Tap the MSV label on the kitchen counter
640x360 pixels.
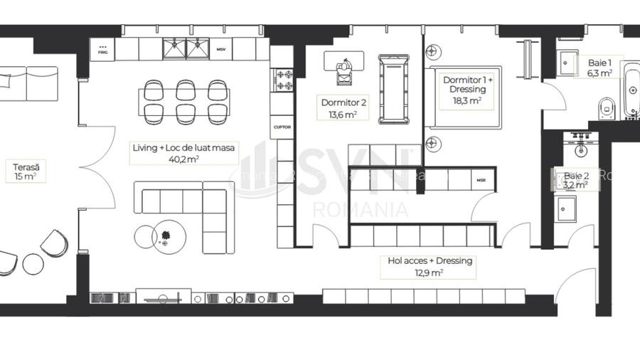[x=220, y=50]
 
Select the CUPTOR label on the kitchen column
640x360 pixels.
[x=282, y=127]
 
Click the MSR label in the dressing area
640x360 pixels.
[x=481, y=180]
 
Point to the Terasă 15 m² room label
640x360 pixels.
[x=24, y=171]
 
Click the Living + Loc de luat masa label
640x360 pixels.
[x=184, y=153]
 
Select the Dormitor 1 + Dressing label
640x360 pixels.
[x=464, y=90]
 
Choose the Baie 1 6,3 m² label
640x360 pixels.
[x=600, y=68]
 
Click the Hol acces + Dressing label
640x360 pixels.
[x=430, y=266]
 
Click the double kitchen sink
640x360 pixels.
[x=184, y=48]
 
